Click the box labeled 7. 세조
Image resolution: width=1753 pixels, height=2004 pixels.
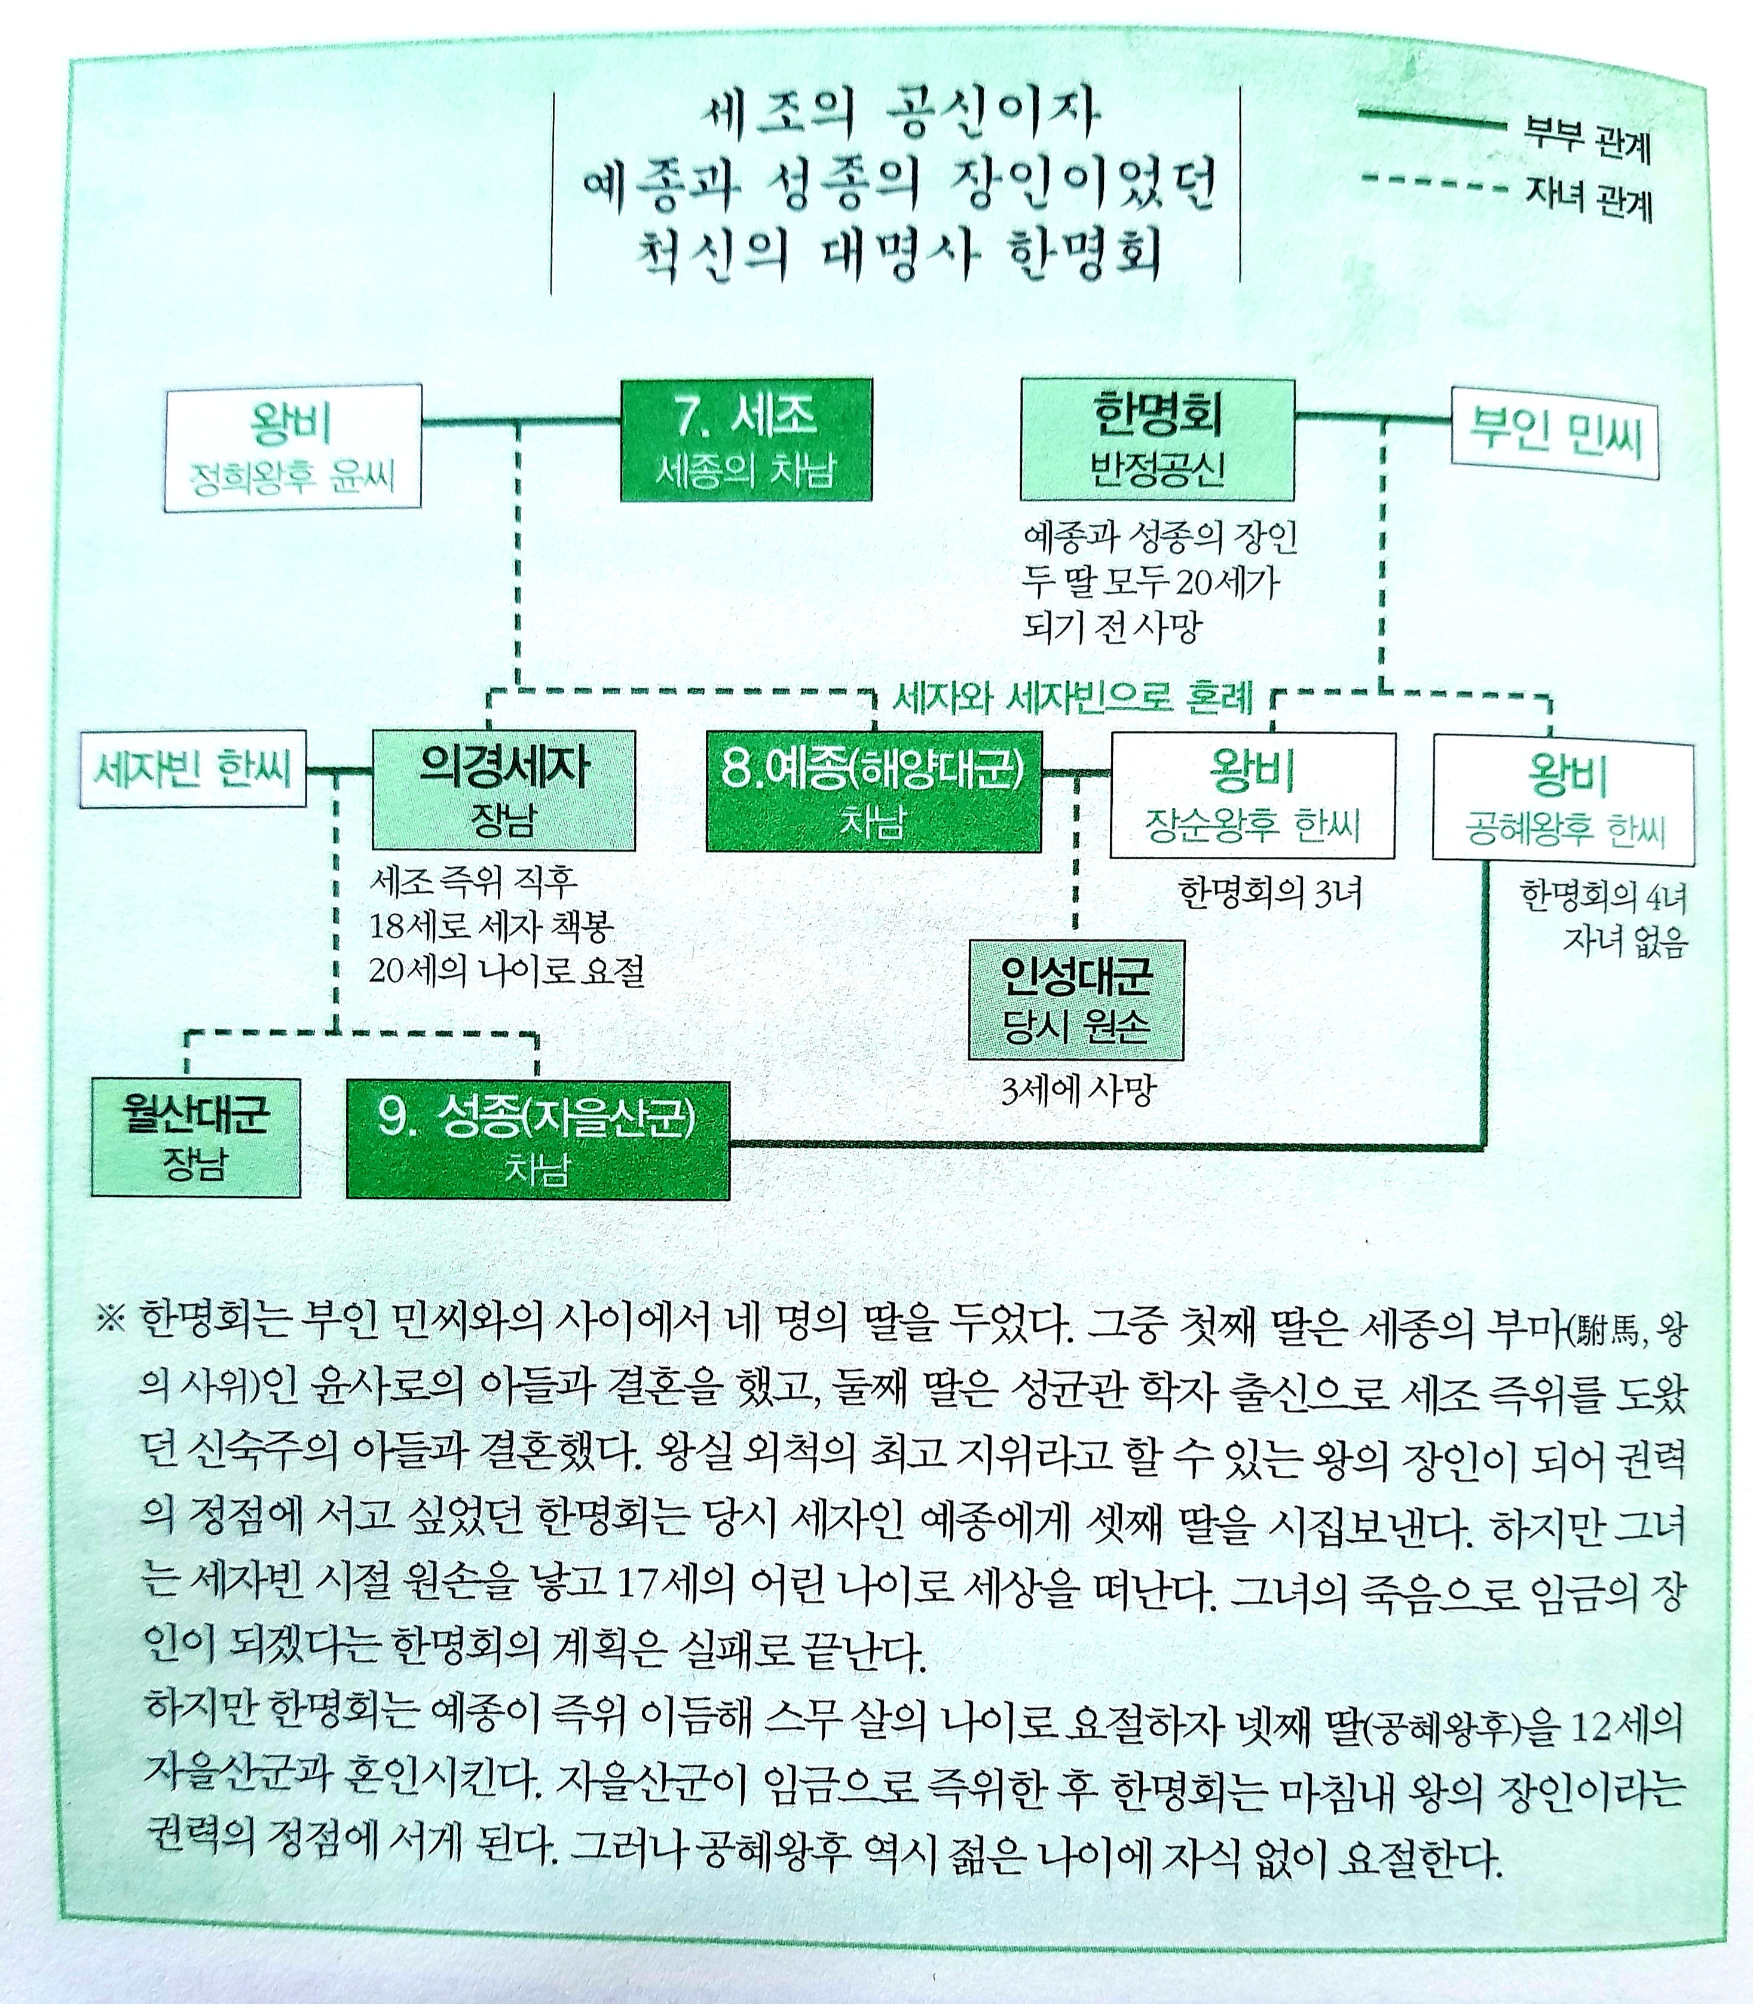click(x=747, y=440)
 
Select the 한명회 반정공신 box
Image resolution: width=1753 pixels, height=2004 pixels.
click(x=1157, y=440)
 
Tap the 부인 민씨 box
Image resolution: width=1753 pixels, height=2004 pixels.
click(x=1555, y=433)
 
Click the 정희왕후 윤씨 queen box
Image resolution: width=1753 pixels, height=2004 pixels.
click(x=292, y=447)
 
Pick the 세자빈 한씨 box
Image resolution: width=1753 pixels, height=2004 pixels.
click(x=192, y=771)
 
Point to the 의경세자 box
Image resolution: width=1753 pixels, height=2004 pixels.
click(x=503, y=789)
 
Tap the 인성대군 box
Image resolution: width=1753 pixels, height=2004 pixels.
click(x=1075, y=1000)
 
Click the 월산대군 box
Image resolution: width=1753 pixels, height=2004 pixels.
click(x=195, y=1138)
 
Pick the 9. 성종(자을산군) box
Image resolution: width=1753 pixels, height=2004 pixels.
click(x=537, y=1139)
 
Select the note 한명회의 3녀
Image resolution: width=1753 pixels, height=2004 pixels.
click(x=1269, y=893)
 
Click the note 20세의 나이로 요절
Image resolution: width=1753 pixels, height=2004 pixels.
click(x=507, y=971)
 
